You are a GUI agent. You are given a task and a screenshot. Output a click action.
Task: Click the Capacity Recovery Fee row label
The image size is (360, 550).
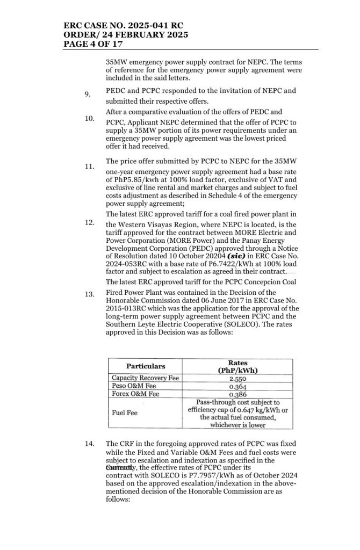[145, 378]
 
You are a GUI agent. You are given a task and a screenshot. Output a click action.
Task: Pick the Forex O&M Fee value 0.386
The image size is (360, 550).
[238, 394]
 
